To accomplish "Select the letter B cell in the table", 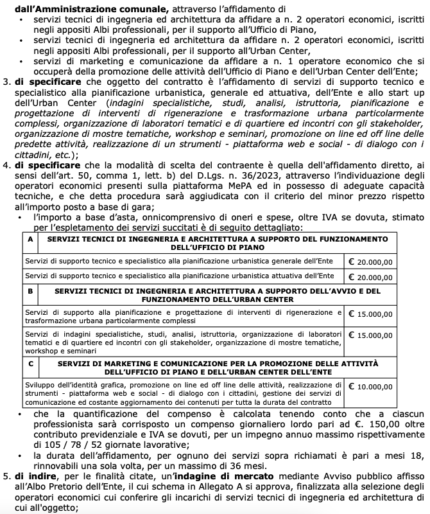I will (30, 290).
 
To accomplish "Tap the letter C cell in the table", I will (30, 364).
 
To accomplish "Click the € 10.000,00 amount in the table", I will (370, 387).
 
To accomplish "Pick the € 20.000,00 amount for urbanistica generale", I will (370, 262).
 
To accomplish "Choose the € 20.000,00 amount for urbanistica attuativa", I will (370, 277).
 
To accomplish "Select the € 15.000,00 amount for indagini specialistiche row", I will (370, 335).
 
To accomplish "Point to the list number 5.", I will (6, 476).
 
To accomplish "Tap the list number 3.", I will (6, 83).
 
